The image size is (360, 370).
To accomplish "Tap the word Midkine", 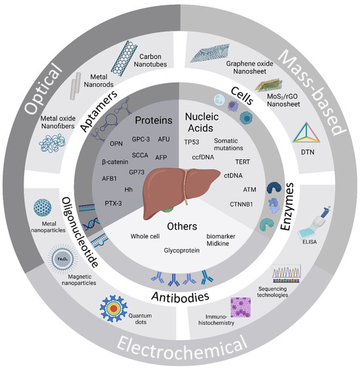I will pos(226,244).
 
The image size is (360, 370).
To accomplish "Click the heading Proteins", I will pos(145,120).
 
